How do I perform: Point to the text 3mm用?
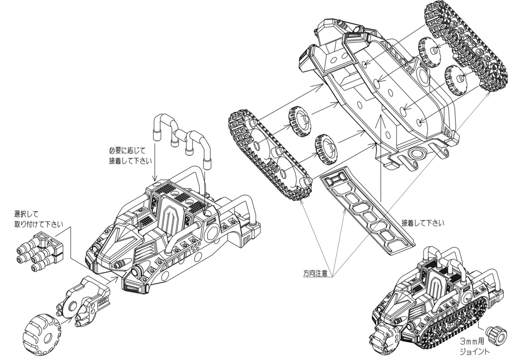[x=473, y=342]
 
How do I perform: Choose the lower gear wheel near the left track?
[x=327, y=149]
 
